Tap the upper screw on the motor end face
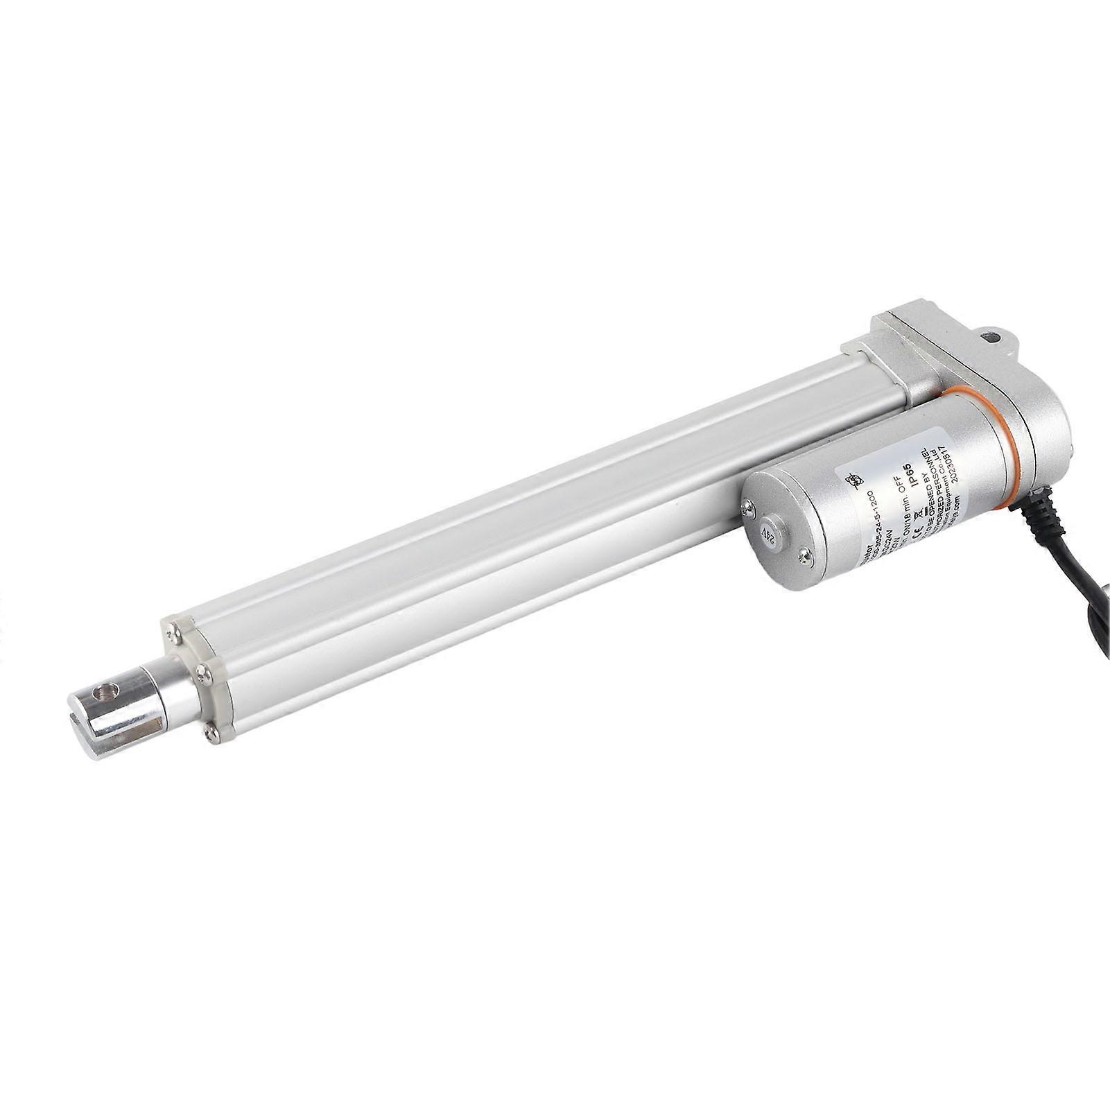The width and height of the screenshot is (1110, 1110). (x=747, y=510)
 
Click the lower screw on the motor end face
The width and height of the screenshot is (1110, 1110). (x=804, y=555)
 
